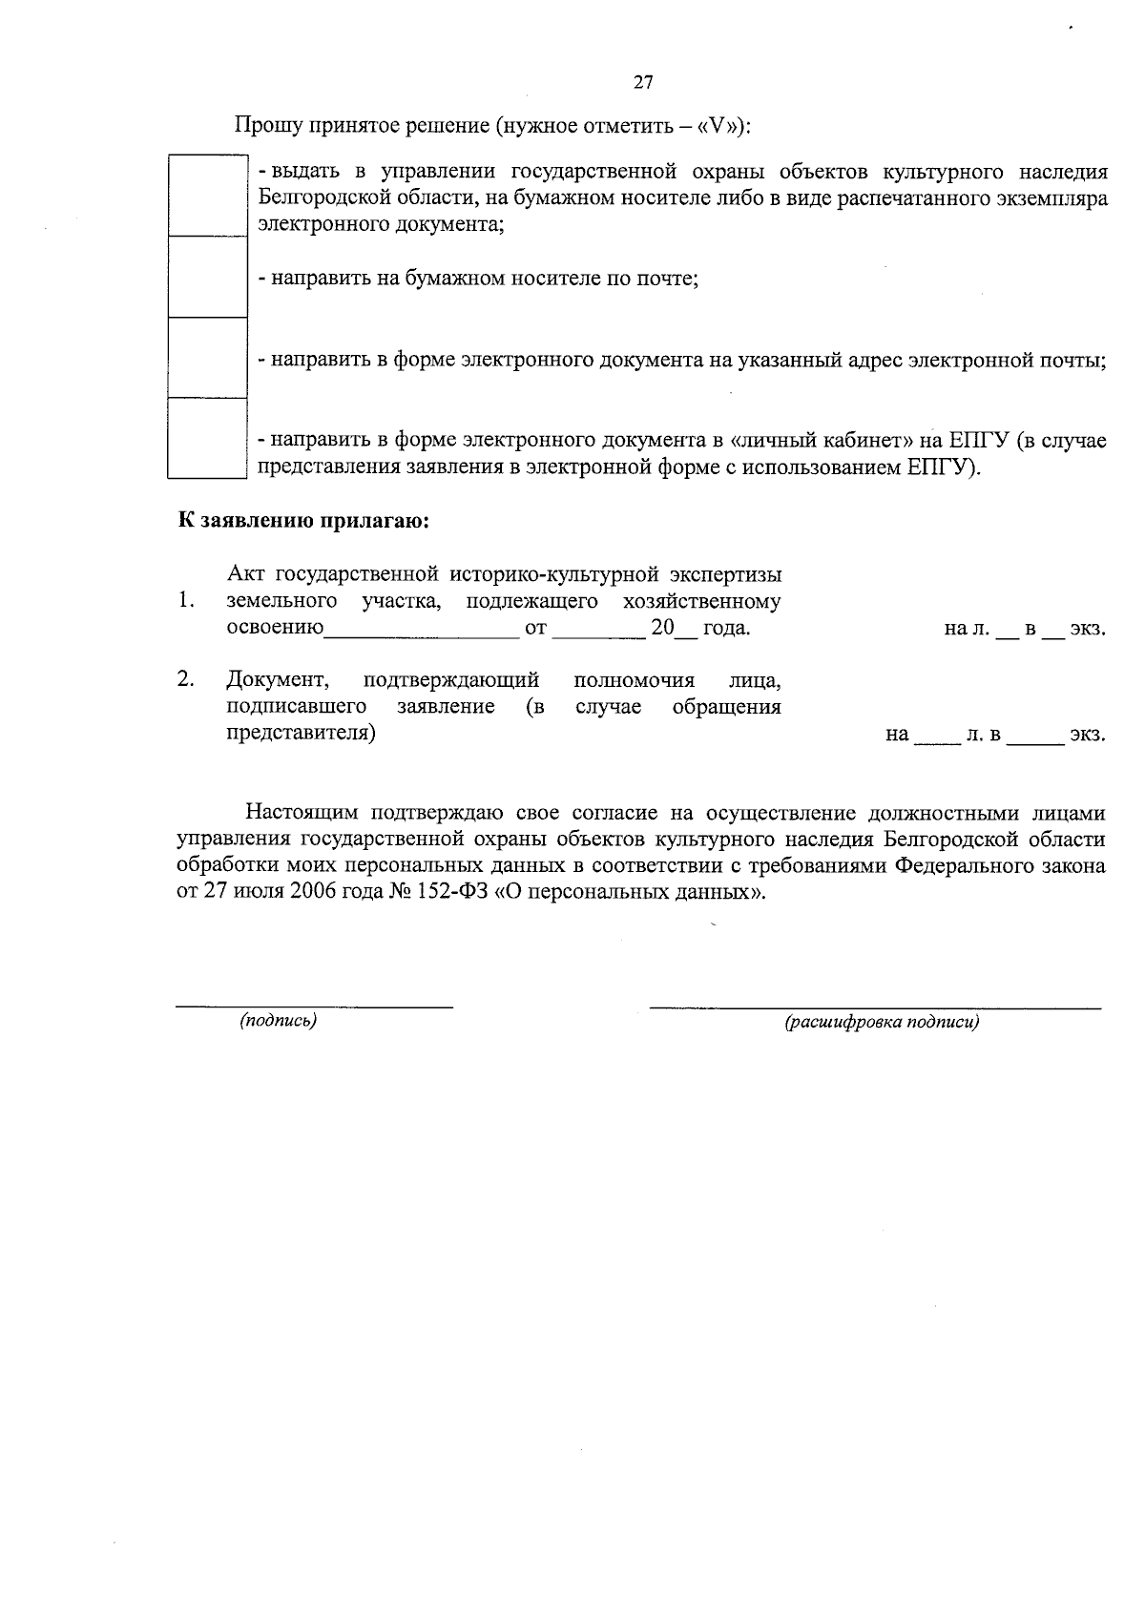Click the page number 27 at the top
point(643,83)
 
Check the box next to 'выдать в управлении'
point(207,196)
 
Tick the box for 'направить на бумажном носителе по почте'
point(207,277)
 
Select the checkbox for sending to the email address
point(207,358)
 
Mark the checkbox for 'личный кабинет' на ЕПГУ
point(207,438)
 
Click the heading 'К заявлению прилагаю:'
point(303,521)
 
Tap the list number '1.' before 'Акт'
point(186,601)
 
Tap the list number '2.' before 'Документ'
point(186,679)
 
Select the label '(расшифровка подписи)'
point(882,1023)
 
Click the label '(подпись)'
point(278,1021)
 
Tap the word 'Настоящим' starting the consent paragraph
point(302,813)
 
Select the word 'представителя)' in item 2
point(301,734)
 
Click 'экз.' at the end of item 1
point(1088,630)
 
